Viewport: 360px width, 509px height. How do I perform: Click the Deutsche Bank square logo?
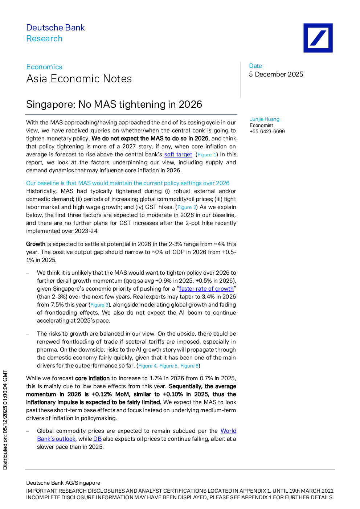tap(318, 38)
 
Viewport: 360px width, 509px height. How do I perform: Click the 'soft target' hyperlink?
tap(178, 155)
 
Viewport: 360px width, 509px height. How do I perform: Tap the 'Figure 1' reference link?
tap(207, 155)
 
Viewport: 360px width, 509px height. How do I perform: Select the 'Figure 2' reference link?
tap(187, 207)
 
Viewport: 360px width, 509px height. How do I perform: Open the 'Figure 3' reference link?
tap(99, 305)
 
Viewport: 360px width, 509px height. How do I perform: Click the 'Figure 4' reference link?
tap(147, 366)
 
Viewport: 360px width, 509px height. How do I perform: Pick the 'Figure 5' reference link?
tap(168, 366)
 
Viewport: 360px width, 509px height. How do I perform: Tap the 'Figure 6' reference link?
tap(189, 366)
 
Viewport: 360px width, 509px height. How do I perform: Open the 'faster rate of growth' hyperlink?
tap(206, 289)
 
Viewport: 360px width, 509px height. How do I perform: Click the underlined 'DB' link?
tap(98, 439)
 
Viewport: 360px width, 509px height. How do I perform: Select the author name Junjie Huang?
tap(265, 119)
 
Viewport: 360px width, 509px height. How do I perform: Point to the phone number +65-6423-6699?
tap(267, 132)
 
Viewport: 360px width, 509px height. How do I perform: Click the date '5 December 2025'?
tap(276, 74)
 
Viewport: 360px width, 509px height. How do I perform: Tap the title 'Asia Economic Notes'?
tap(79, 79)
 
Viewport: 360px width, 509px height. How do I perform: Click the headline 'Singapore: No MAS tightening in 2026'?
tap(114, 104)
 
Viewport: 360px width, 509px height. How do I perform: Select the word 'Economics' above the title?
tap(44, 67)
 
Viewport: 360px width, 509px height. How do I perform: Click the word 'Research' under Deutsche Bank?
tap(44, 38)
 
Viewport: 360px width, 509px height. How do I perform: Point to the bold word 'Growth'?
tap(36, 244)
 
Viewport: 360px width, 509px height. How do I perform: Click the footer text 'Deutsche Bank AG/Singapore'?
tap(63, 483)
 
